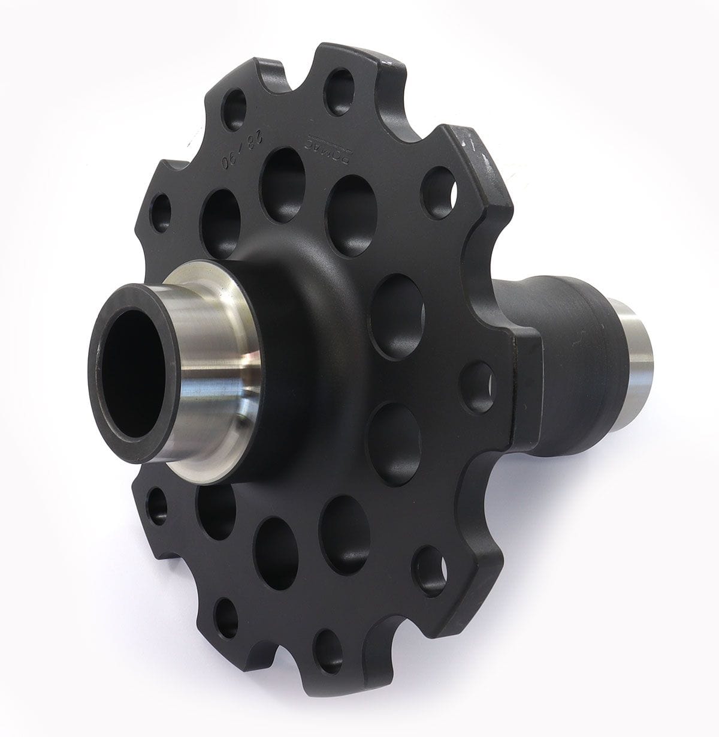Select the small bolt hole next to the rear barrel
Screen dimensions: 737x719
tap(478, 387)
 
